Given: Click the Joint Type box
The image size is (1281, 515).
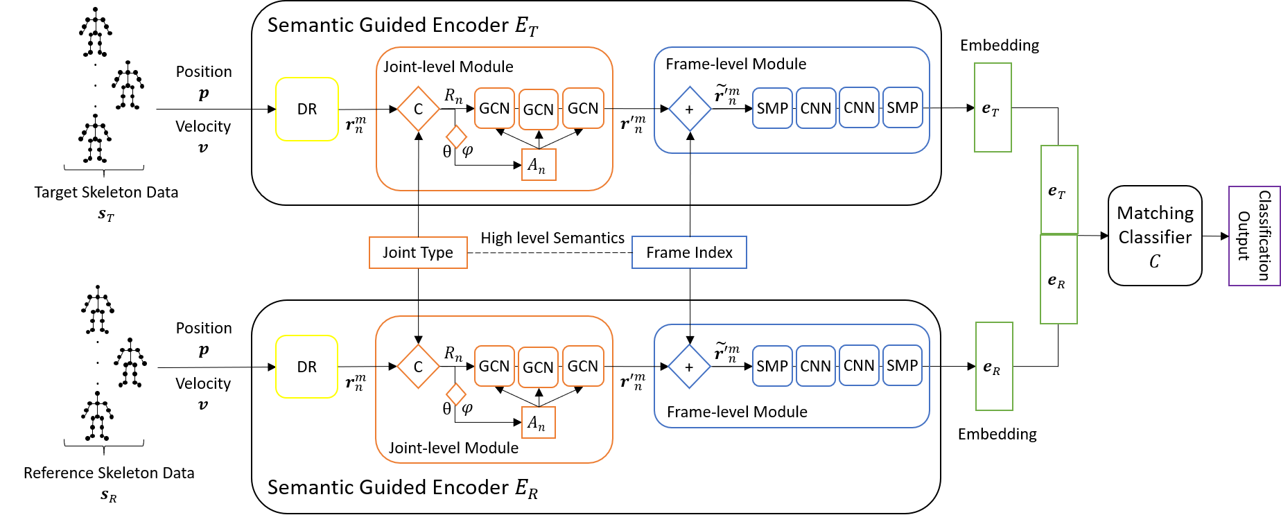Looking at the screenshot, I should coord(418,252).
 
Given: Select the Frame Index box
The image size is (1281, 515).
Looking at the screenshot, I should coord(689,252).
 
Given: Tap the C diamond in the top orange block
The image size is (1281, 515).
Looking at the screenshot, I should coord(418,109).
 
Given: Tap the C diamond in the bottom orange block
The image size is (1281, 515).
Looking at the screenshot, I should coord(418,367).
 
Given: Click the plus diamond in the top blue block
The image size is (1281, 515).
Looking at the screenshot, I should coord(690,109).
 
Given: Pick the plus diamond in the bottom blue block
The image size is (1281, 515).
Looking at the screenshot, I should coord(689,367).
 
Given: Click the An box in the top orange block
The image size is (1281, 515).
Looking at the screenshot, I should coord(539,165).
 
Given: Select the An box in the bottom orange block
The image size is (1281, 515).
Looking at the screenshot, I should coord(538,423).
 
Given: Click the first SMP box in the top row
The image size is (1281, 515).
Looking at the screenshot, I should coord(772,108).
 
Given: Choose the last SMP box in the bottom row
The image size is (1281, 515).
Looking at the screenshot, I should coord(903,365).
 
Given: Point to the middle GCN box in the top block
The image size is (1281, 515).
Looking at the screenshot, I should coord(539,110).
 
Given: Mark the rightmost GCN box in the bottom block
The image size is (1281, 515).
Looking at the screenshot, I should coord(583,366).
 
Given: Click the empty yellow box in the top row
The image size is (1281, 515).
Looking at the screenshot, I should coord(307,110).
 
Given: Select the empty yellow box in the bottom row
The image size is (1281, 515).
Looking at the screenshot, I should coord(307,367).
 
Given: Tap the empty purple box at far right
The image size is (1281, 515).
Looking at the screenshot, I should coord(1254,236).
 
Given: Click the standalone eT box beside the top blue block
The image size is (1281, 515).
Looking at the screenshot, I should coord(993,107).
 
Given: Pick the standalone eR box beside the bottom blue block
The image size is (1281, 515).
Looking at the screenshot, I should coord(994,366).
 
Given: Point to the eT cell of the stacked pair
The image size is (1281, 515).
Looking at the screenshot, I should coord(1059,190).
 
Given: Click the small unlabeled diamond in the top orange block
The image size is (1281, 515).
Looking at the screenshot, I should coord(456,137).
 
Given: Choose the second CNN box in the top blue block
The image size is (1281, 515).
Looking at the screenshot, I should coord(860,107).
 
